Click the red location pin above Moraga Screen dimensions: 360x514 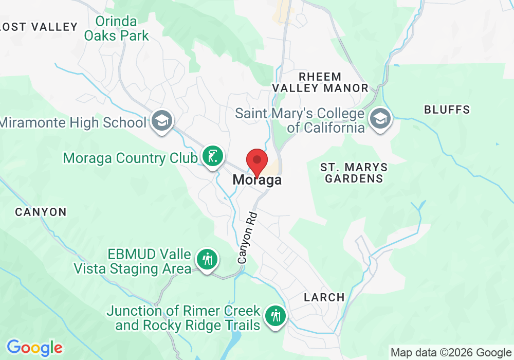(x=256, y=161)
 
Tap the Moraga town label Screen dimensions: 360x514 (x=257, y=181)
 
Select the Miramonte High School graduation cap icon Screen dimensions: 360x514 (x=162, y=121)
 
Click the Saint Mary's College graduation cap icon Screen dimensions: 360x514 (x=380, y=119)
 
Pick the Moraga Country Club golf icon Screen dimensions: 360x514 (x=212, y=156)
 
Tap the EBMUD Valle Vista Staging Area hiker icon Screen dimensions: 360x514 (x=207, y=260)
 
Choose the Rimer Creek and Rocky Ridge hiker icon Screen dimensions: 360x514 (x=277, y=316)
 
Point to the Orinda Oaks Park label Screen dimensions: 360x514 (x=117, y=29)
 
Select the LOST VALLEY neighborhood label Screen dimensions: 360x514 (x=39, y=27)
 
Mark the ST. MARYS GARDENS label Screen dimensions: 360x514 (x=354, y=173)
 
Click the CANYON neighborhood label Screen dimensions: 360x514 (x=41, y=212)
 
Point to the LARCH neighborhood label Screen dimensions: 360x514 (x=324, y=297)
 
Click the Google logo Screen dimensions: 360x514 (x=34, y=348)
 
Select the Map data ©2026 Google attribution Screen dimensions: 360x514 (x=451, y=352)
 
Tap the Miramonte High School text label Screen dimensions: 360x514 (x=74, y=122)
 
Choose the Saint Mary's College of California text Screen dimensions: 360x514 (x=301, y=120)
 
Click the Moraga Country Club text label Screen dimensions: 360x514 (x=130, y=158)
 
